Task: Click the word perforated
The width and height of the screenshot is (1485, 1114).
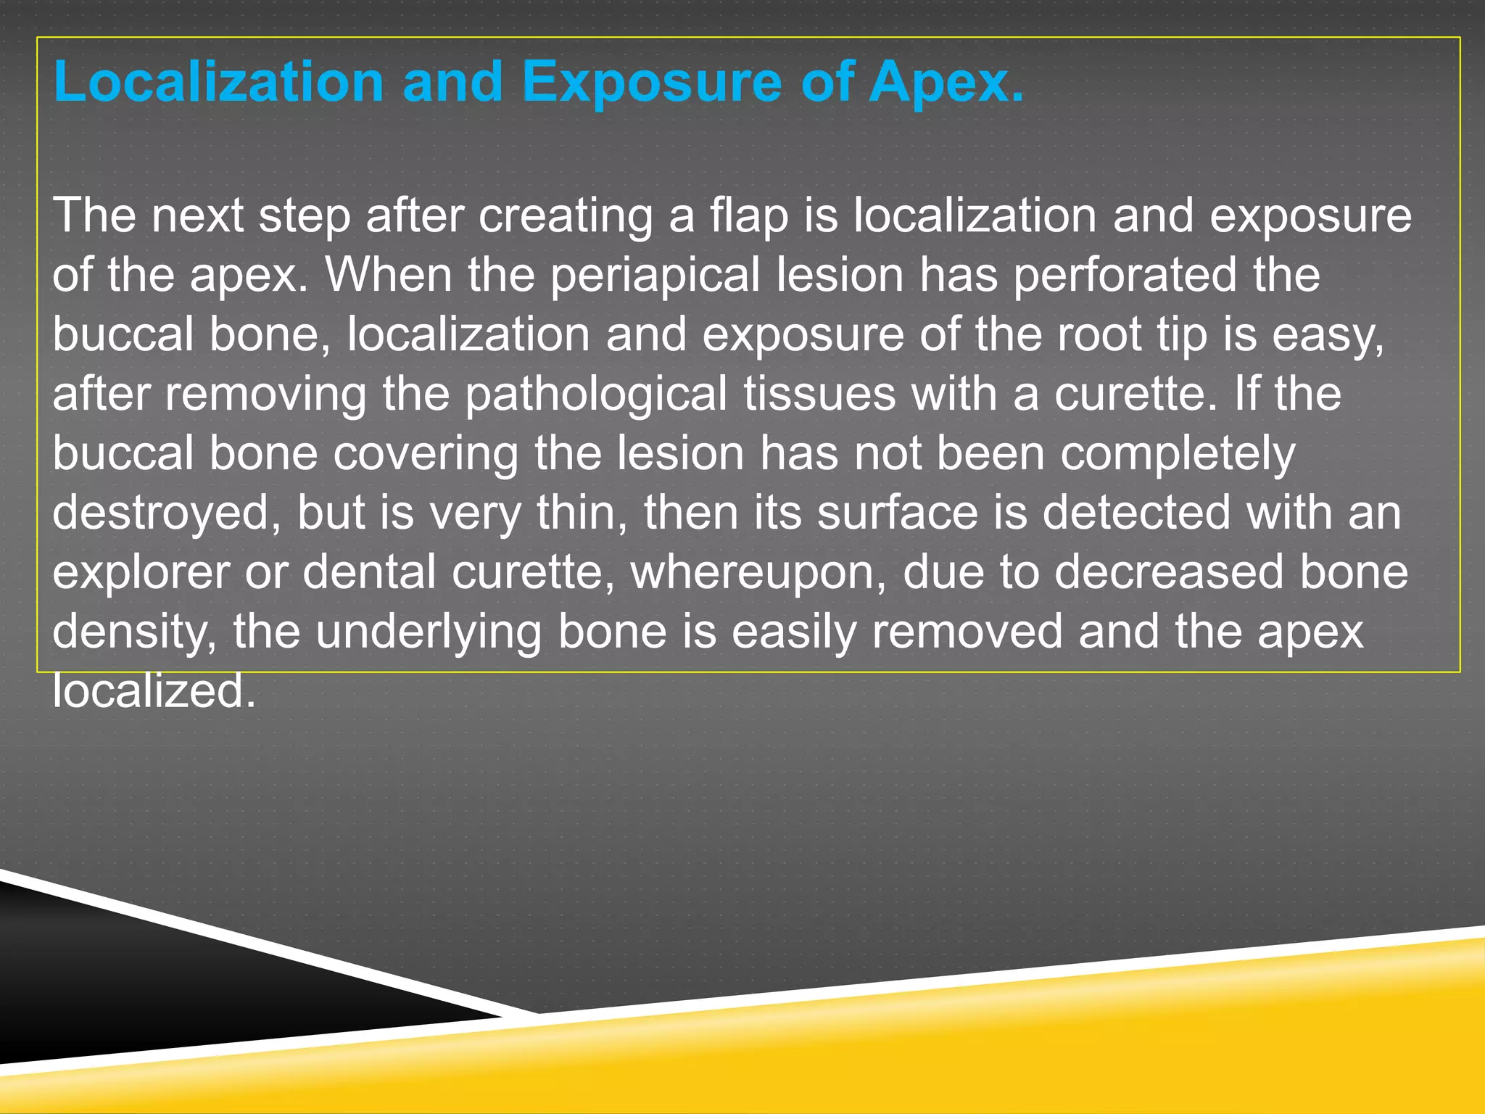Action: click(1125, 275)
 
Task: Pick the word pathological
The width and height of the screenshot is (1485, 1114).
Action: click(595, 394)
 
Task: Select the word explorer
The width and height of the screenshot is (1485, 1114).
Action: click(141, 572)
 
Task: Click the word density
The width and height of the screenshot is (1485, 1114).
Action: click(134, 632)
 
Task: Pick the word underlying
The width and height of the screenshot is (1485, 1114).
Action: click(428, 632)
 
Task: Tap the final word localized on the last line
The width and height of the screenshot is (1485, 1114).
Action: click(154, 690)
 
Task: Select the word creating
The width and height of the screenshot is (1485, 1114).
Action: click(565, 215)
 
